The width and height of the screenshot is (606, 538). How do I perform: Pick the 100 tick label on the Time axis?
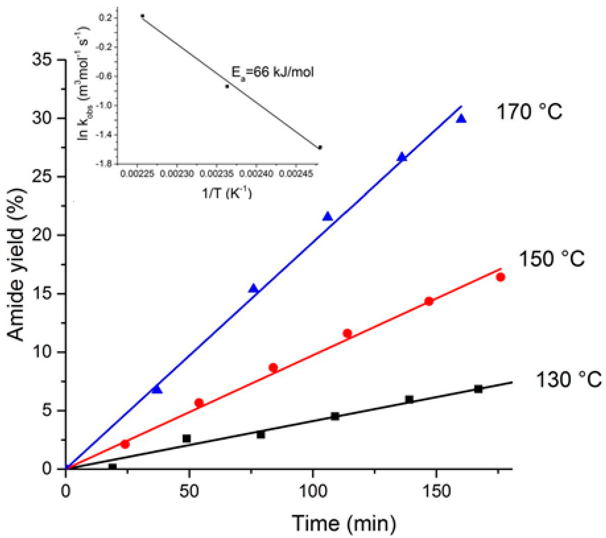click(x=313, y=491)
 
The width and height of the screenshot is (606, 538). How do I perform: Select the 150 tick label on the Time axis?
click(x=436, y=491)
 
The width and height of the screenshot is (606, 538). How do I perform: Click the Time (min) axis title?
click(x=344, y=523)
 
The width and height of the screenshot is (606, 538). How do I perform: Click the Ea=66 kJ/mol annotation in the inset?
click(x=272, y=73)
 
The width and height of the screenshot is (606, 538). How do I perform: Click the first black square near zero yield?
click(x=112, y=467)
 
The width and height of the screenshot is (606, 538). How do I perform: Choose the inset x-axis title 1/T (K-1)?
click(x=227, y=193)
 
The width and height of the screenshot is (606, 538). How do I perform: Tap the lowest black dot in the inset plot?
click(x=320, y=148)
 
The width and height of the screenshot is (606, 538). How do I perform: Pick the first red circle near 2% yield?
click(x=125, y=444)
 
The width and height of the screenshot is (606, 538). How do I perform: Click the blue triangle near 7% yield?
click(x=157, y=390)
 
